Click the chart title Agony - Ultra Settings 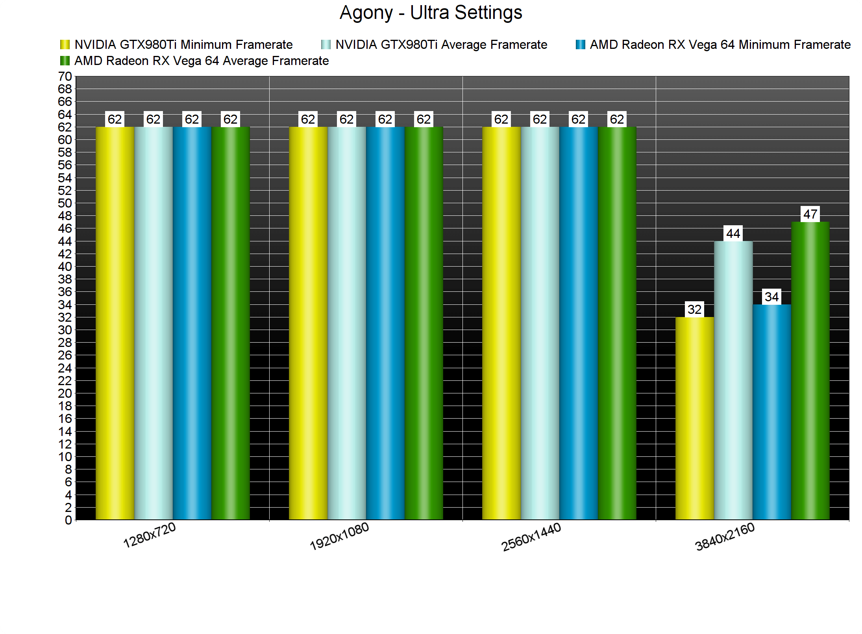pos(431,13)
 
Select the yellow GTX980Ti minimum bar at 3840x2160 pos(694,418)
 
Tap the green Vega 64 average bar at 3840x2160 pos(810,371)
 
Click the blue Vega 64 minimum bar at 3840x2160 pos(771,412)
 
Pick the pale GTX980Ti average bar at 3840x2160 pos(733,380)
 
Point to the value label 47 pos(810,214)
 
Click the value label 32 pos(694,310)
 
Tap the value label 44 pos(733,234)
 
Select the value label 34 pos(771,297)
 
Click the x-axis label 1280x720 pos(150,536)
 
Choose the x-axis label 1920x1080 pos(339,536)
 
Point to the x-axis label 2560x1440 pos(531,537)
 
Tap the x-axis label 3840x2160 pos(725,537)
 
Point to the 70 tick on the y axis pos(65,76)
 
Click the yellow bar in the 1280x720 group pos(115,323)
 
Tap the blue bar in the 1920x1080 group pos(385,323)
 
